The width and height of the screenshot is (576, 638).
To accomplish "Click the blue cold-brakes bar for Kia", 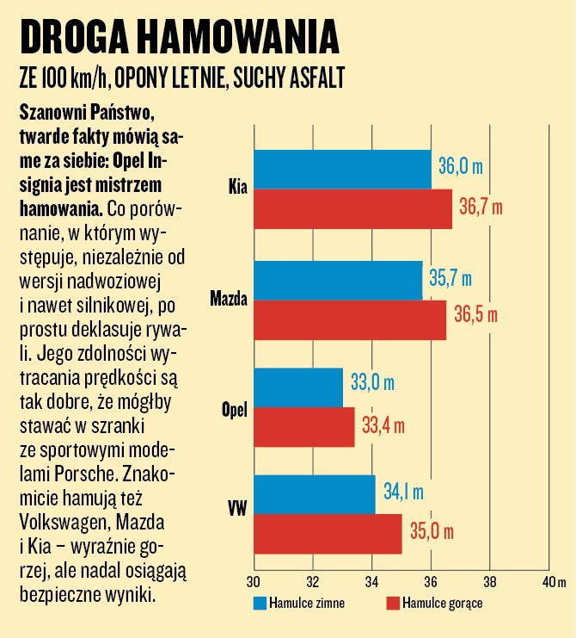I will (342, 169).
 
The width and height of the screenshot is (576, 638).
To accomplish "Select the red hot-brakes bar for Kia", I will (352, 208).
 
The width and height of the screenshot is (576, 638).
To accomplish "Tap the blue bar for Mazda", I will (338, 280).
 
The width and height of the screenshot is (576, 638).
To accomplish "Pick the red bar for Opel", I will (304, 426).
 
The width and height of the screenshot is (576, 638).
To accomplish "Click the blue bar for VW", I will (315, 494).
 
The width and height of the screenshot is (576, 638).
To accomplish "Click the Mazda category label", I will (228, 300).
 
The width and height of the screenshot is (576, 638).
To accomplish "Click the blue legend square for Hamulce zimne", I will (259, 603).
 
